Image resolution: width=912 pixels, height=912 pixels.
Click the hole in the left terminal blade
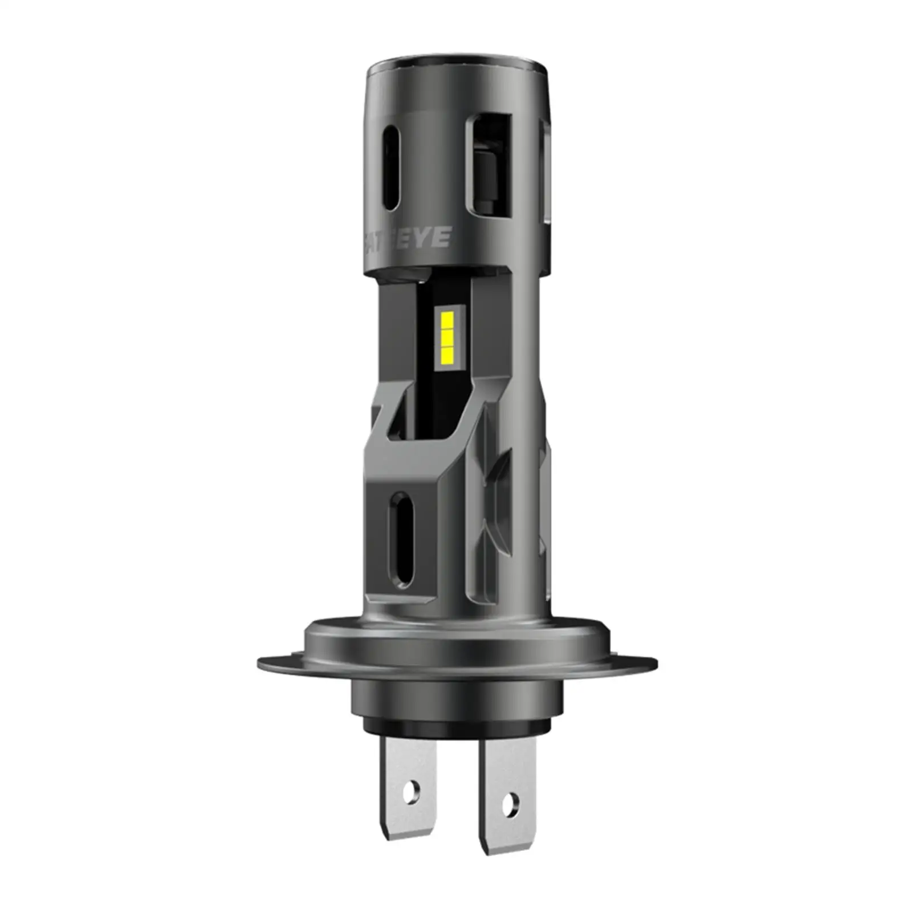click(411, 790)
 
